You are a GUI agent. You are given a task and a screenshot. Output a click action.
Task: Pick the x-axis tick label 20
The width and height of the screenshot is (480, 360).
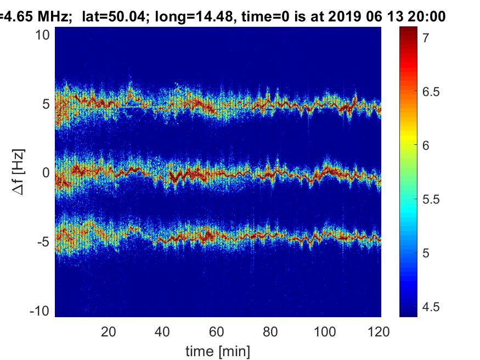coord(108,331)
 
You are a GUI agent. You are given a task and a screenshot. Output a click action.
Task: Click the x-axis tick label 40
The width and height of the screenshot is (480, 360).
coord(162,331)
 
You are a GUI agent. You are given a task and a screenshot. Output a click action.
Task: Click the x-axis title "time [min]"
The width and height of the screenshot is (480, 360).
coord(218,350)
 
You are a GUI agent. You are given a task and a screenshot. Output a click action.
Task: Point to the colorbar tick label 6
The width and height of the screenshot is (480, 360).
coord(426,145)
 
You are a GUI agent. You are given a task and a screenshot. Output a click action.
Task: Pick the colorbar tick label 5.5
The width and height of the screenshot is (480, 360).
coord(431,199)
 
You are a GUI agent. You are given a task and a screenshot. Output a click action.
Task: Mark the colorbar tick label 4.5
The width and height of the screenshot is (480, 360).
coord(431,307)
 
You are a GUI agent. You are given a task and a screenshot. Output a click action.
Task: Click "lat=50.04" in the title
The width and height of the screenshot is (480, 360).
coord(115,17)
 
